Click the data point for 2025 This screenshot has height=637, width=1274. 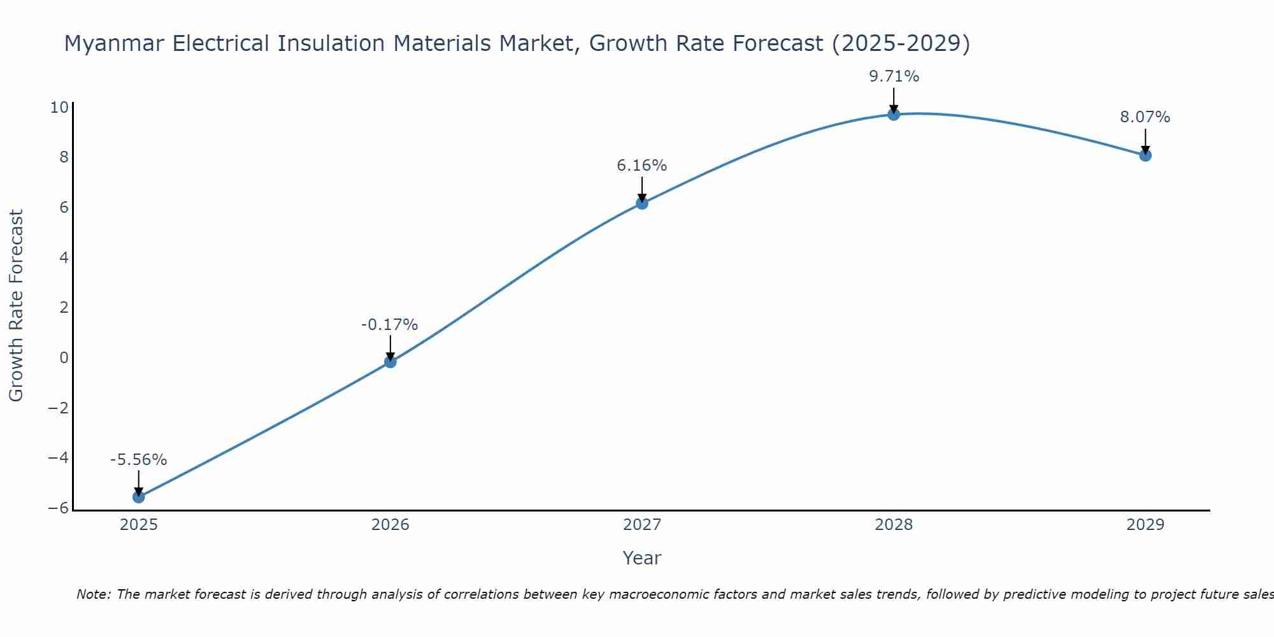coord(139,497)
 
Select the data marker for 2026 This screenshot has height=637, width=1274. coord(390,362)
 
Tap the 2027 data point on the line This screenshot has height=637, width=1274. coord(642,203)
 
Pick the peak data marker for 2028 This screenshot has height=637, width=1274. coord(894,114)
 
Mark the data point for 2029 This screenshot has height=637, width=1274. coord(1145,155)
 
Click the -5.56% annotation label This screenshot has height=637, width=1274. coord(138,460)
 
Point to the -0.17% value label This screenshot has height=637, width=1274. coord(389,325)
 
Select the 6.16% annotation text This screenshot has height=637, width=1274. coord(641,166)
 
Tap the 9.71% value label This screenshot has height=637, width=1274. coord(894,76)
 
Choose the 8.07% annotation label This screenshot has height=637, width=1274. coord(1145,117)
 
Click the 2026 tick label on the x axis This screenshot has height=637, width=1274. coord(390,525)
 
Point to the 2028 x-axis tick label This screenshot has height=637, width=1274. coord(894,525)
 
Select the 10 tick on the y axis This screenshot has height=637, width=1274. coord(59,107)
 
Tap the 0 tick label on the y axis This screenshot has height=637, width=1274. coord(64,357)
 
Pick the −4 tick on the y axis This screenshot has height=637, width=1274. coord(58,458)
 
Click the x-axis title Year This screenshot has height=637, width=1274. coord(641,558)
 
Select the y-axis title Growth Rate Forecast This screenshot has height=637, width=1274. coord(16,306)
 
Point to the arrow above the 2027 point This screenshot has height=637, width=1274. coord(642,189)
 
